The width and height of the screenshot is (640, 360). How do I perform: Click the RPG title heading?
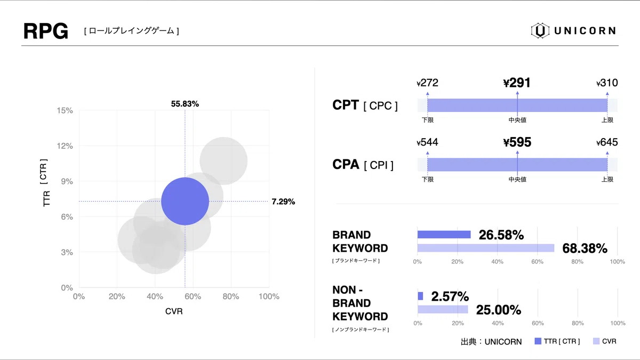45,31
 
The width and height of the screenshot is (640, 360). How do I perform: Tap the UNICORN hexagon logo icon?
540,31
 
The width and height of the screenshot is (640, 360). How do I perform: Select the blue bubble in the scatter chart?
185,201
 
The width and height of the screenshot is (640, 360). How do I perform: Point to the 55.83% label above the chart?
185,104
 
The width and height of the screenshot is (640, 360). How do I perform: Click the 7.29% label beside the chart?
283,202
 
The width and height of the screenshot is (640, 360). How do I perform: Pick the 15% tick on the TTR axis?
65,110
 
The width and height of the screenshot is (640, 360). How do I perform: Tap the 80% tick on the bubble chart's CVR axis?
231,297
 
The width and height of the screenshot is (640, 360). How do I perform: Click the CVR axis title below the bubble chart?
174,311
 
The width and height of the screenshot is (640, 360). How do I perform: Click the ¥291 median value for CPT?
517,83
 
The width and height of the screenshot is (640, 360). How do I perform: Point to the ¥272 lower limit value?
427,83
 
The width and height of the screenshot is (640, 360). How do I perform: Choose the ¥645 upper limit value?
607,142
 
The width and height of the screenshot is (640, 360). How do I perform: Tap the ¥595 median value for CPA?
517,142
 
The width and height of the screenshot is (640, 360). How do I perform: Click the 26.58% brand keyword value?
501,235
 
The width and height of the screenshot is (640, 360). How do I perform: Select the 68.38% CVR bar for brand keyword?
486,248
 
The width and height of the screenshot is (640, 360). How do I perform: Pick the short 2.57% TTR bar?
420,296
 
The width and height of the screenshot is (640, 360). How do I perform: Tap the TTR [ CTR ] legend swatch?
538,341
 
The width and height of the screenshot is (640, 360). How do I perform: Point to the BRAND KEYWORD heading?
360,242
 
